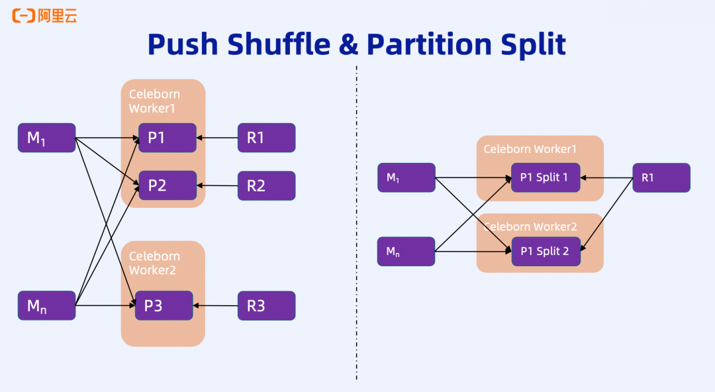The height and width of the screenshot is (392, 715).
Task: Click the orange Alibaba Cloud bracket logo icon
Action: click(23, 16)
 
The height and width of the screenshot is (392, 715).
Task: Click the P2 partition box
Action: click(167, 185)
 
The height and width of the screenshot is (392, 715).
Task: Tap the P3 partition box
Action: click(164, 305)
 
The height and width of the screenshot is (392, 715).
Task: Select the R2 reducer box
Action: click(266, 185)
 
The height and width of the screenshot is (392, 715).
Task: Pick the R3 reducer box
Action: click(266, 305)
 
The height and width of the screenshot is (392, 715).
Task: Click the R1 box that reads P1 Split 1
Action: click(661, 177)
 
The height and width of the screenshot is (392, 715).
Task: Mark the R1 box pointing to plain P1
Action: click(266, 138)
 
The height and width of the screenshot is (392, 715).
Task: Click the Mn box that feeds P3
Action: click(46, 305)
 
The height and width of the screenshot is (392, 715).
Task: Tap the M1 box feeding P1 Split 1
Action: click(406, 177)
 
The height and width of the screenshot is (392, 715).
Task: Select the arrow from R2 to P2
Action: click(217, 185)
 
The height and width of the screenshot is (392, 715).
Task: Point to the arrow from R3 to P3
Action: click(215, 305)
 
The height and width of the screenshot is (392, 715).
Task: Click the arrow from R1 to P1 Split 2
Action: click(608, 214)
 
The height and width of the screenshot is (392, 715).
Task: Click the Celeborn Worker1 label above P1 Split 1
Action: click(530, 149)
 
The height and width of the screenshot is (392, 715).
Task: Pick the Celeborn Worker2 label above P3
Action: click(154, 263)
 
